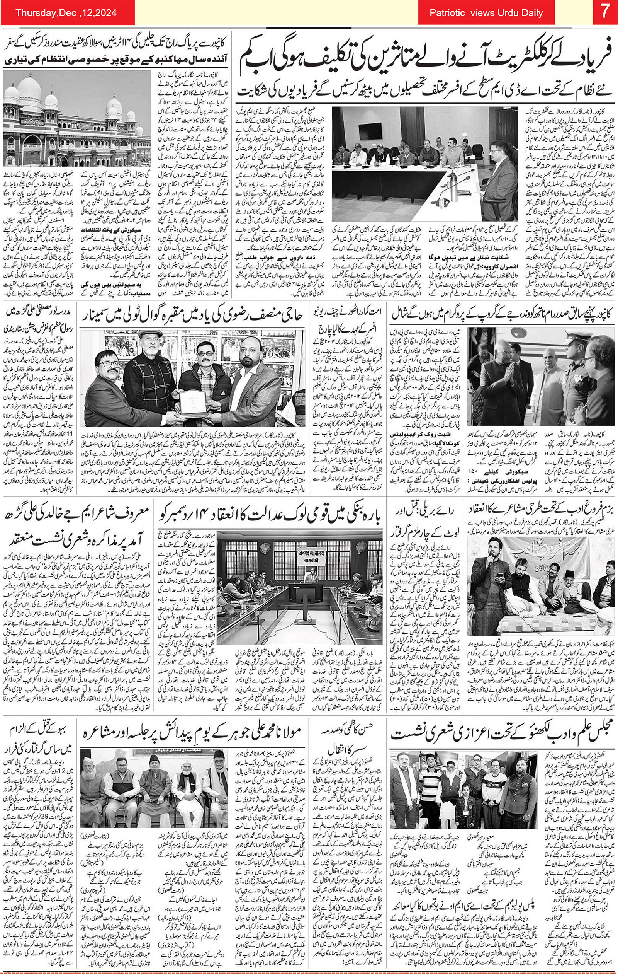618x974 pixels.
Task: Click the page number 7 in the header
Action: [x=604, y=12]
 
